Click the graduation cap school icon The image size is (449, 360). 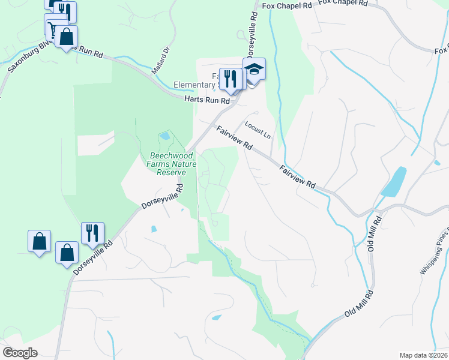(x=254, y=70)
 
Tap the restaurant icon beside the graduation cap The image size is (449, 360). (x=230, y=79)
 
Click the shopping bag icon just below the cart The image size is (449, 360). (x=66, y=37)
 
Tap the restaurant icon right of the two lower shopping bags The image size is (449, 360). (x=92, y=233)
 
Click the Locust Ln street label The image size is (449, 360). (x=258, y=130)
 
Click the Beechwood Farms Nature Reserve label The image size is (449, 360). (x=168, y=163)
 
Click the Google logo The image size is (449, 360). (x=20, y=352)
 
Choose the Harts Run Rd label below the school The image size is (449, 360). (x=207, y=101)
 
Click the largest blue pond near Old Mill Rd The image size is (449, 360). (x=394, y=181)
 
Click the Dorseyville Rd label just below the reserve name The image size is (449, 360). (x=162, y=197)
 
